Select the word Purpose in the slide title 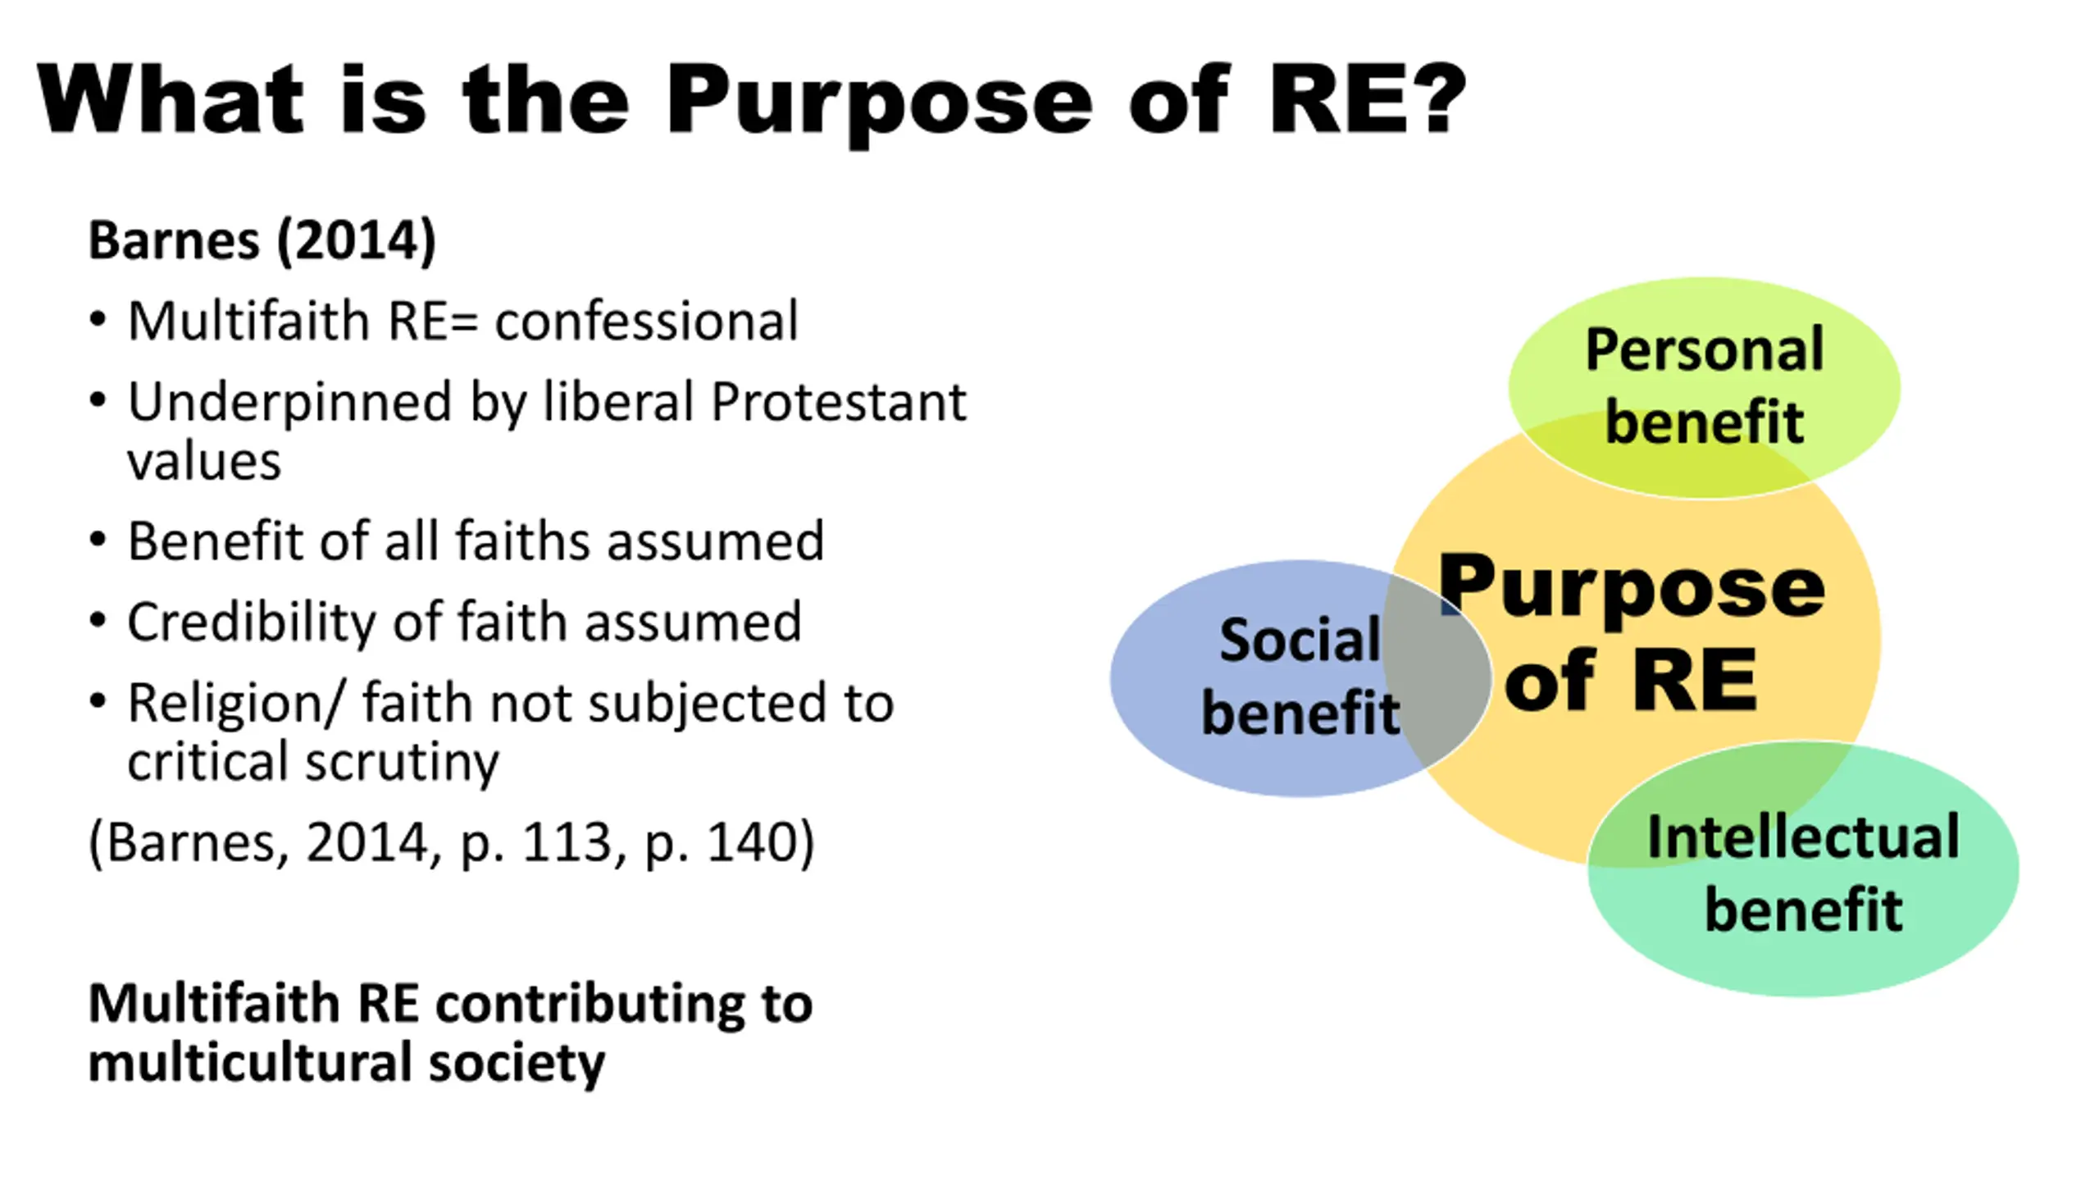click(878, 103)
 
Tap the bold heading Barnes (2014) click(262, 241)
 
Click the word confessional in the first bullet click(646, 321)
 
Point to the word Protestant click(838, 402)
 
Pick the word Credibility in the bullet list click(249, 622)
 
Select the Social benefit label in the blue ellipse click(1300, 677)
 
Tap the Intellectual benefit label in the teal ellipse click(1803, 873)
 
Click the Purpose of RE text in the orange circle click(1632, 632)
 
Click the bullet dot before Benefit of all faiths click(98, 540)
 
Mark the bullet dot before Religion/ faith click(98, 702)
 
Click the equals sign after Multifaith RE click(463, 321)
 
